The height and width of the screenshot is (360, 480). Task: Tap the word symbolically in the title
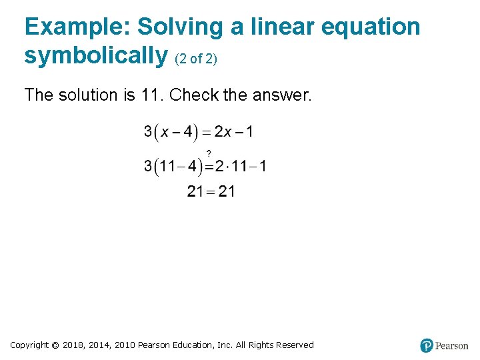(x=95, y=55)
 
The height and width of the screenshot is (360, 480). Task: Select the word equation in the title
(x=371, y=27)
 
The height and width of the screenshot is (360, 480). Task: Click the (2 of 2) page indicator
(x=196, y=59)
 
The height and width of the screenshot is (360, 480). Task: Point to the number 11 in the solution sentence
(x=151, y=95)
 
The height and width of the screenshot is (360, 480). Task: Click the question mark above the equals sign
(x=209, y=153)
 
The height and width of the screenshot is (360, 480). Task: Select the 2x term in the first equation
(x=223, y=131)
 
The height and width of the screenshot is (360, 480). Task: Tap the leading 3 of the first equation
(x=148, y=131)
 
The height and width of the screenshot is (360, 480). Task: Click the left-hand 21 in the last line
(x=195, y=192)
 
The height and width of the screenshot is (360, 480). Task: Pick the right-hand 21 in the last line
(x=227, y=192)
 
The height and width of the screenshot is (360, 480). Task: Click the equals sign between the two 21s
(x=211, y=192)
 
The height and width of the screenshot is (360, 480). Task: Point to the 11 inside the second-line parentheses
(x=167, y=166)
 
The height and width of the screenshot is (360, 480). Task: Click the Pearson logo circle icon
(x=427, y=345)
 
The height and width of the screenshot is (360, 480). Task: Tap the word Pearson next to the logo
(x=451, y=346)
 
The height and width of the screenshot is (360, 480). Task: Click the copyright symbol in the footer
(x=55, y=345)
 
